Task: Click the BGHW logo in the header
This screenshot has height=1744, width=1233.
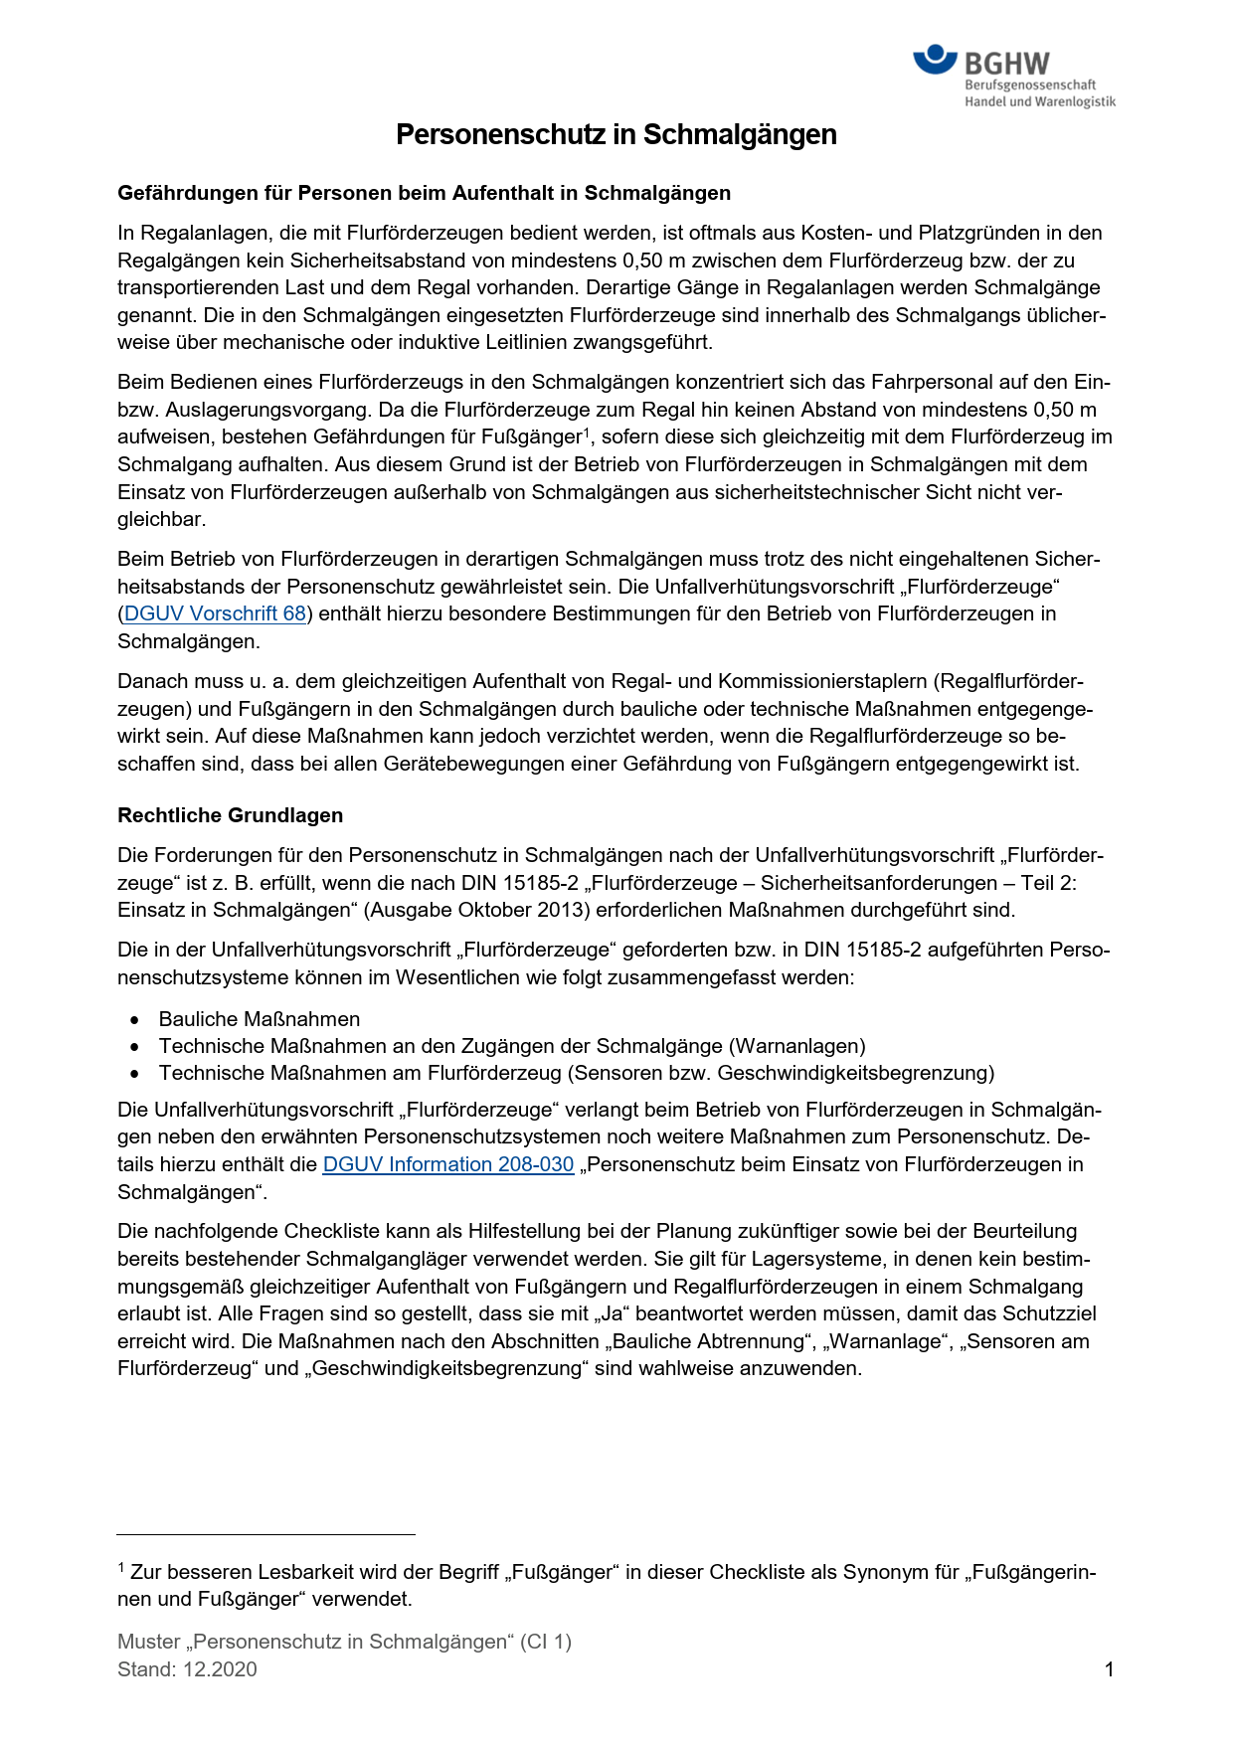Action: pyautogui.click(x=1012, y=76)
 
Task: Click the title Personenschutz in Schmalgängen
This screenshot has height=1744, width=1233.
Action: pyautogui.click(x=616, y=135)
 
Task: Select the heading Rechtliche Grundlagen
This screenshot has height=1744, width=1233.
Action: pyautogui.click(x=230, y=815)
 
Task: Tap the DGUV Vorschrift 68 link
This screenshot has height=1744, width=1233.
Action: pyautogui.click(x=215, y=613)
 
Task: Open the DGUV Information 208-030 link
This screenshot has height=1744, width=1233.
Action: pyautogui.click(x=448, y=1164)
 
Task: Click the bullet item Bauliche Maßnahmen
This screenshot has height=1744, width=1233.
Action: pyautogui.click(x=259, y=1019)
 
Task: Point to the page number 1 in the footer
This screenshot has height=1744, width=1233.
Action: pyautogui.click(x=1109, y=1669)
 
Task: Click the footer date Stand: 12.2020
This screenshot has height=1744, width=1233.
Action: pyautogui.click(x=187, y=1669)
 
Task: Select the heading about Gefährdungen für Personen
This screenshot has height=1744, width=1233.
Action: pyautogui.click(x=424, y=193)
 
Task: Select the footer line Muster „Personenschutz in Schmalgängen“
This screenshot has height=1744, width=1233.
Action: pyautogui.click(x=344, y=1642)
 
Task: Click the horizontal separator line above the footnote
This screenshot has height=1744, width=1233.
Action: pyautogui.click(x=265, y=1534)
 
